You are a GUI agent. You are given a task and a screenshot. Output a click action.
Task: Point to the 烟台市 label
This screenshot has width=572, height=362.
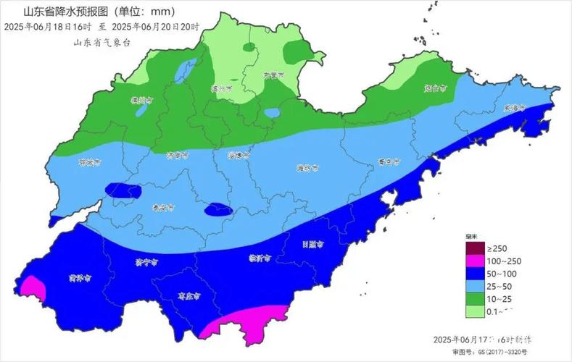click(435, 88)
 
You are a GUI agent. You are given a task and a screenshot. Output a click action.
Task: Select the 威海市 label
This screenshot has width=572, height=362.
click(513, 108)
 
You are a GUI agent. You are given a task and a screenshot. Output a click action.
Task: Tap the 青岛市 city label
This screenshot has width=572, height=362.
click(389, 161)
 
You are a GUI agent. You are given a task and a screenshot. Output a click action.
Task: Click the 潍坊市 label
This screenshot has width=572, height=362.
click(310, 167)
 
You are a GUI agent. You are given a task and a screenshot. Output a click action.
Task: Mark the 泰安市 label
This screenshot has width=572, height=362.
click(163, 207)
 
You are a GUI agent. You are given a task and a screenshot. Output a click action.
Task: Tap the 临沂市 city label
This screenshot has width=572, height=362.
click(260, 258)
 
